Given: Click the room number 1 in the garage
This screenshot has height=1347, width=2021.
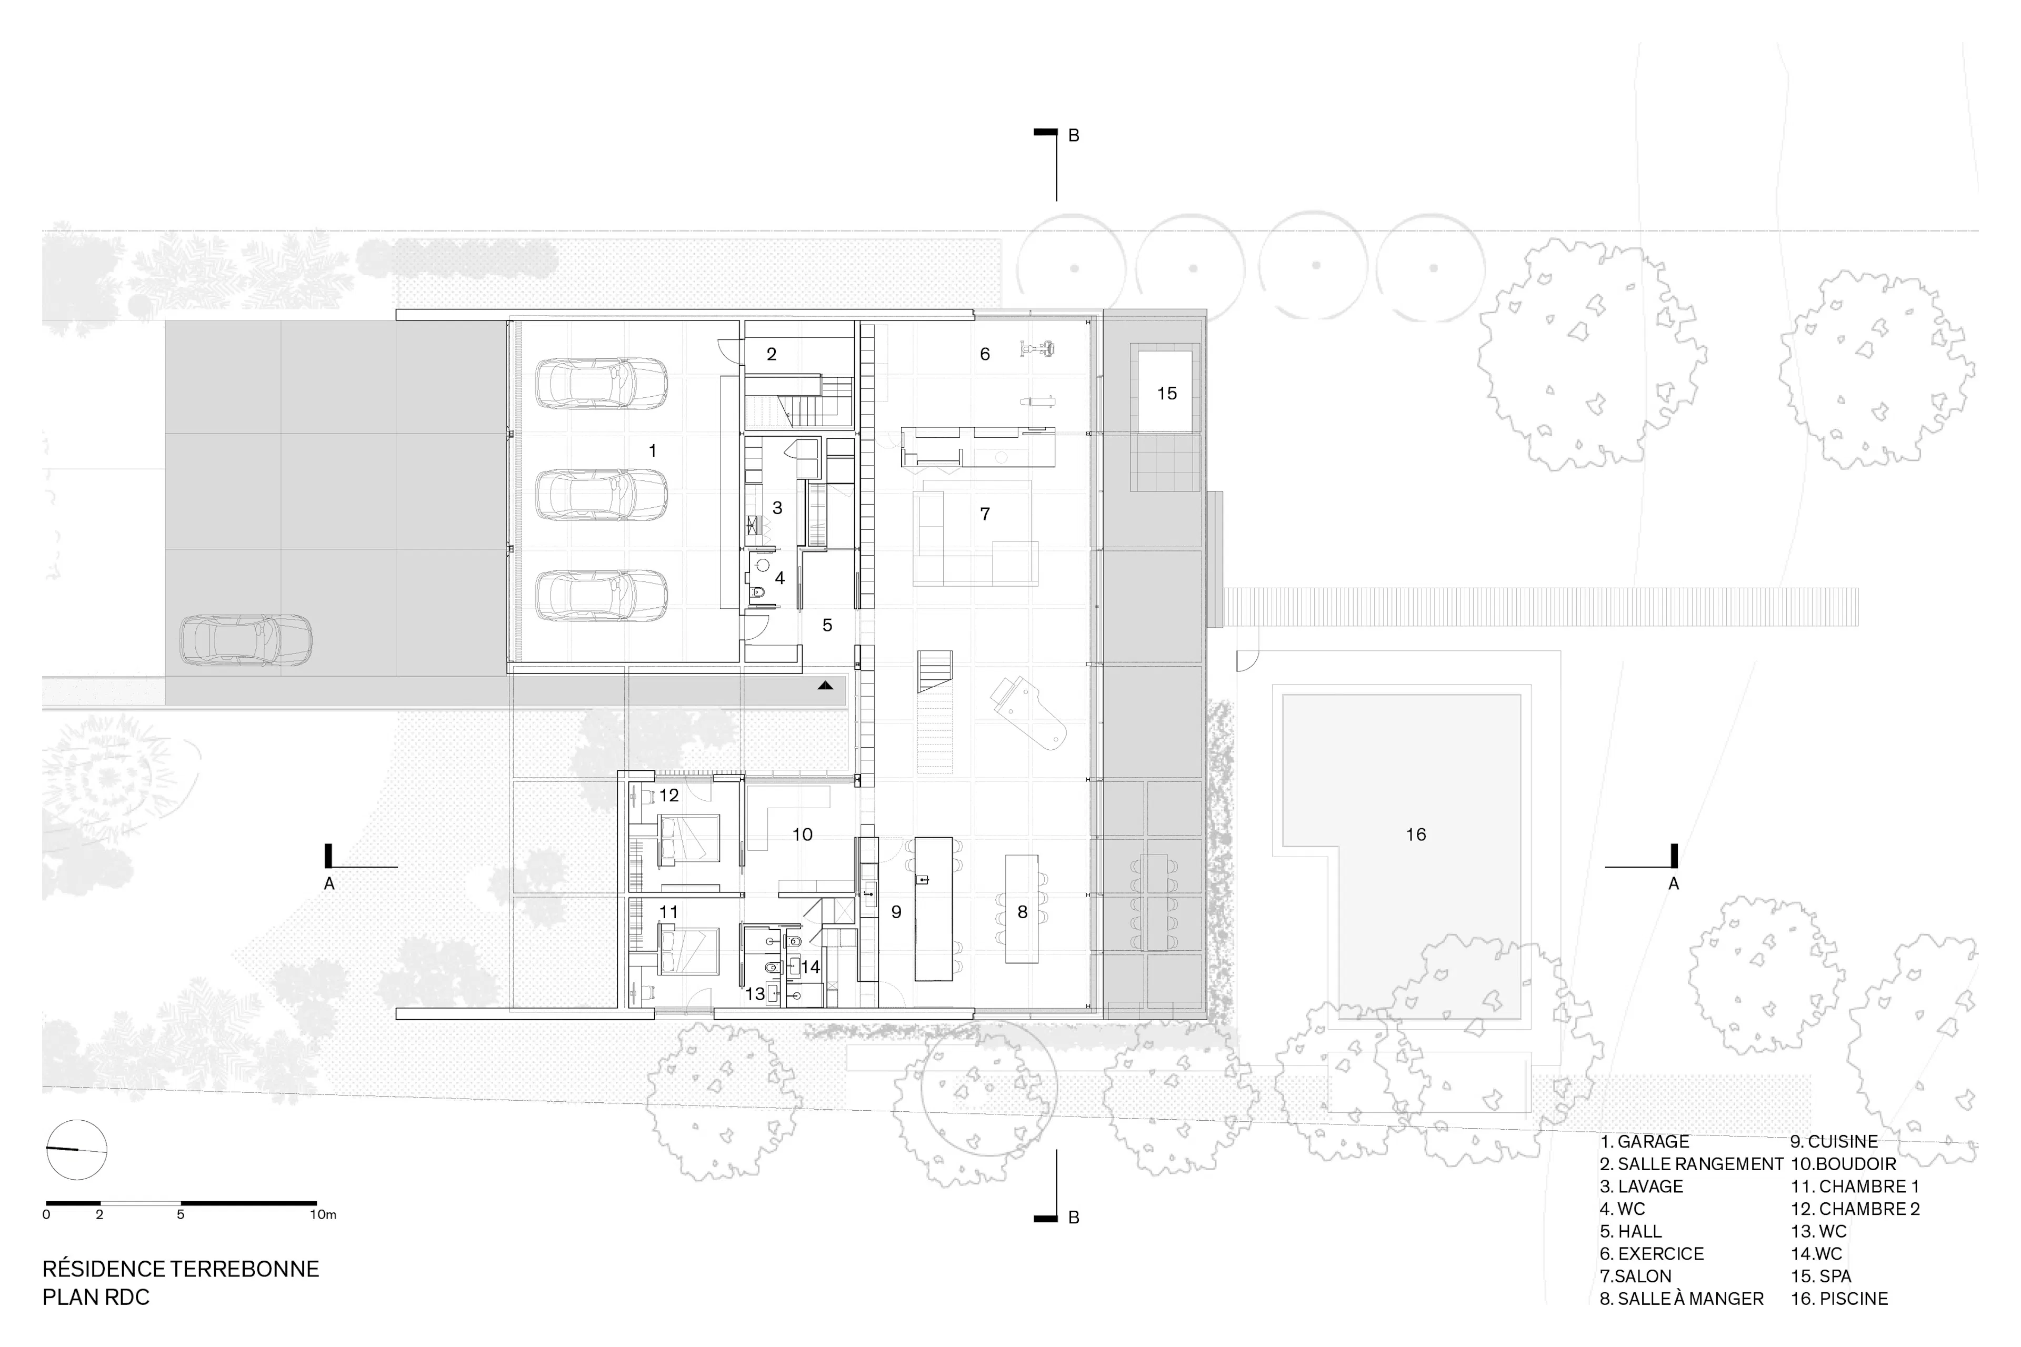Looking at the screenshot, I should (x=652, y=450).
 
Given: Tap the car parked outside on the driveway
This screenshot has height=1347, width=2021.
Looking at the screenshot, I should (x=245, y=640).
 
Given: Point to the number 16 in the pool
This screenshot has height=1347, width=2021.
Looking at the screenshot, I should (x=1415, y=834).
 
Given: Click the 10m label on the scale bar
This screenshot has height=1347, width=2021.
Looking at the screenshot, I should (x=323, y=1215).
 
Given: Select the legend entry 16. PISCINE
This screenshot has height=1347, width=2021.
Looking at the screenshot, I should (x=1839, y=1298).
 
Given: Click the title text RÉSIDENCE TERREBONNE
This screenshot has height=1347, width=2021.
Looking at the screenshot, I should (x=181, y=1269).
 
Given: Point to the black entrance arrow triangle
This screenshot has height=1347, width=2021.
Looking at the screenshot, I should (x=825, y=686).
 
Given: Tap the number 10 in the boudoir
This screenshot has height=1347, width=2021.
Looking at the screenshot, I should (x=802, y=834).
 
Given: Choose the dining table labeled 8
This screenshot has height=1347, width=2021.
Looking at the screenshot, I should (x=1022, y=909).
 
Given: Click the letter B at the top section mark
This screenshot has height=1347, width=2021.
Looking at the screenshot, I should (x=1073, y=136).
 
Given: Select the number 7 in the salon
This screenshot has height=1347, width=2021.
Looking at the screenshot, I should (x=985, y=514).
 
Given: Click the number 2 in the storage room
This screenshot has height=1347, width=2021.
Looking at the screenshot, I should (x=772, y=354).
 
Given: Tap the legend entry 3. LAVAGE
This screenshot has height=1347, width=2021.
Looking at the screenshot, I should (x=1641, y=1187).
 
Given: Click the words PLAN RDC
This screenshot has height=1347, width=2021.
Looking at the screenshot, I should (x=96, y=1297).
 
